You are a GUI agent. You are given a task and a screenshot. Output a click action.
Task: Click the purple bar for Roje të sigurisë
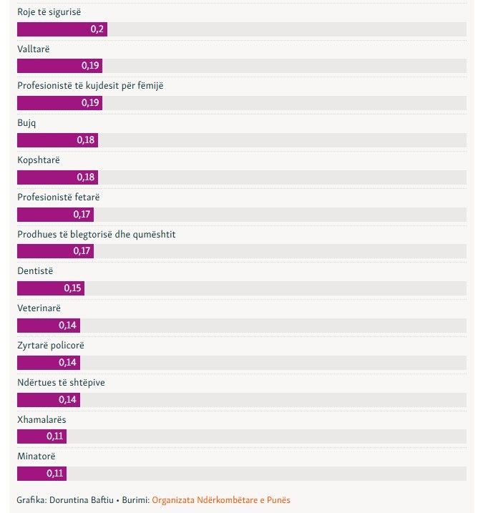coord(62,29)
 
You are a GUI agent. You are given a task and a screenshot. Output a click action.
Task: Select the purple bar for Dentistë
coord(50,288)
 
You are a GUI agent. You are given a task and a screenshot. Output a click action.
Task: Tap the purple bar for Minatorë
coord(42,474)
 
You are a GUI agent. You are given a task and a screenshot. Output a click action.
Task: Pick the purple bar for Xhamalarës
coord(42,436)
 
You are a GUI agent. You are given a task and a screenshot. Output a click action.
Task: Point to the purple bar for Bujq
coord(57,140)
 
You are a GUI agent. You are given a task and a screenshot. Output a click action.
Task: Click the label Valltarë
coord(34,49)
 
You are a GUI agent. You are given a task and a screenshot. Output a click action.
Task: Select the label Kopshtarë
coord(39,160)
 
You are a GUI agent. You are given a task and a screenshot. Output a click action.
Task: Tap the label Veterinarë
coord(39,308)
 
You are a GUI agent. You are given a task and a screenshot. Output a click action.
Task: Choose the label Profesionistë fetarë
coord(62,197)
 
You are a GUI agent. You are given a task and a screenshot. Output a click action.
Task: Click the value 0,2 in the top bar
coord(97,29)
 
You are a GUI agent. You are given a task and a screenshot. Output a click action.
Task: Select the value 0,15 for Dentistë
coord(73,288)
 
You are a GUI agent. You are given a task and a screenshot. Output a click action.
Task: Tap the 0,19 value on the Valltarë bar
coord(91,66)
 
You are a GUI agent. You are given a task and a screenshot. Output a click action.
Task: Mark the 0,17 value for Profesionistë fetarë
coord(82,215)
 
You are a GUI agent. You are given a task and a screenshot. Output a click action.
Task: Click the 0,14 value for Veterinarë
coord(69,326)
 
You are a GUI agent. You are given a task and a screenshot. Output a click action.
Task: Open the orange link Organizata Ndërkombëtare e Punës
coord(221,500)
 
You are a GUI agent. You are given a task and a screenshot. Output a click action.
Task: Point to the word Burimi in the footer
coord(133,500)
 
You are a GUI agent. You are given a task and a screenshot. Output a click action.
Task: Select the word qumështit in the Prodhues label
coord(151,234)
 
